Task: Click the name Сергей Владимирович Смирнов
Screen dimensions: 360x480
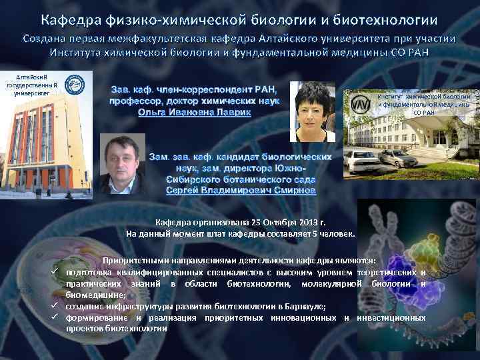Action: click(241, 190)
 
